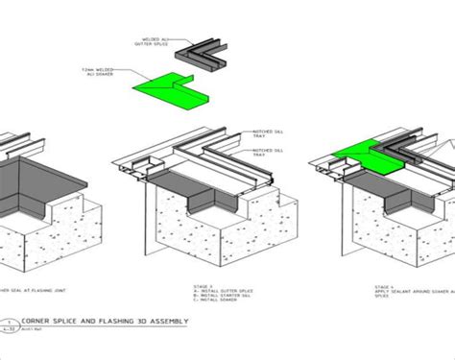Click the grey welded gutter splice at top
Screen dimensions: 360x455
pyautogui.click(x=205, y=53)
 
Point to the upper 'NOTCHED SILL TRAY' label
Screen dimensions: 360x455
pyautogui.click(x=266, y=133)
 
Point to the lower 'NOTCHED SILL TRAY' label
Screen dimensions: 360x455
pyautogui.click(x=266, y=152)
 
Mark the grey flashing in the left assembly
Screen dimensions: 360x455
pyautogui.click(x=38, y=187)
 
